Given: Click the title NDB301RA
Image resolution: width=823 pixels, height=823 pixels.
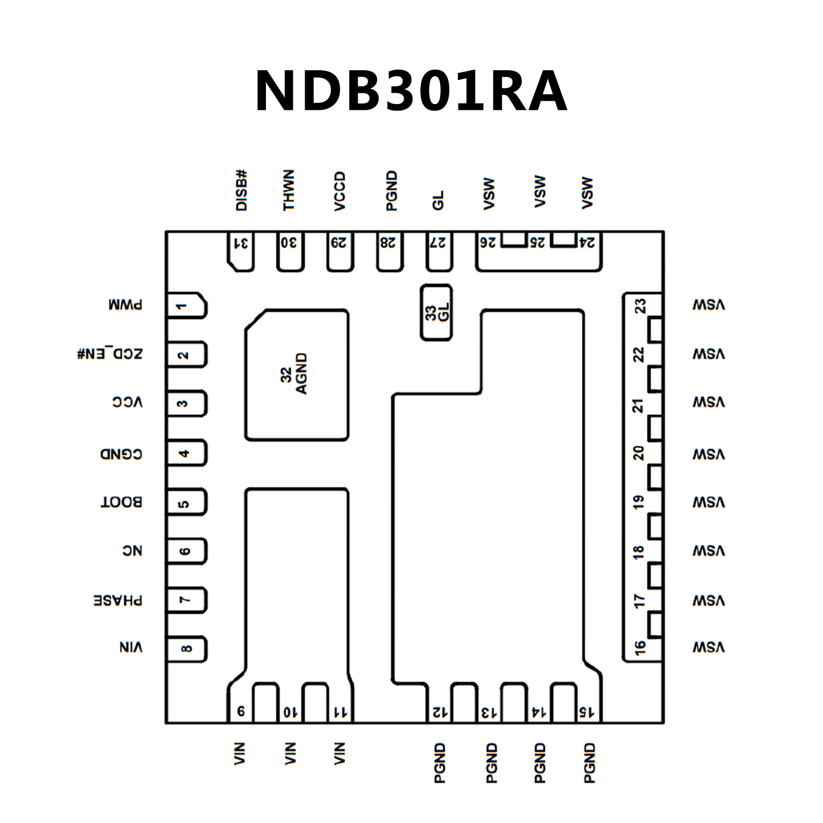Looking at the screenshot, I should [411, 91].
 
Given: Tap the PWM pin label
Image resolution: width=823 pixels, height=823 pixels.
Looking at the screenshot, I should [125, 306].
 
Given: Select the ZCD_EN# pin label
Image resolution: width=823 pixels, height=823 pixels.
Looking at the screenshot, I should [110, 354].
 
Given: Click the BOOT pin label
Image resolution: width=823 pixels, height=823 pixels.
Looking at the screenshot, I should [121, 503].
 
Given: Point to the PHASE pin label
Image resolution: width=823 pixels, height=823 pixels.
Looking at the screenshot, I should [118, 600].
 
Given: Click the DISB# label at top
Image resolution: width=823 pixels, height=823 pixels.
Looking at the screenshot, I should [242, 191].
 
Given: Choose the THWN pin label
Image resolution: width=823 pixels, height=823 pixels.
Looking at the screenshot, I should [289, 191].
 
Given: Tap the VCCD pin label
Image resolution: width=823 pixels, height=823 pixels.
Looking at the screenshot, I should [339, 192].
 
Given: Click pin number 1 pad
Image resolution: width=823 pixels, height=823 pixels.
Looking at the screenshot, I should [185, 306].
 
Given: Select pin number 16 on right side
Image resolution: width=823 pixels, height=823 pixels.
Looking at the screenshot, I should [640, 648].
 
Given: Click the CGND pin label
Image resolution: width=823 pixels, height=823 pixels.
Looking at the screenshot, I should [121, 455].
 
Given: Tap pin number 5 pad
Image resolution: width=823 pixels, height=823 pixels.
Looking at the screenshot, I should [185, 503].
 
